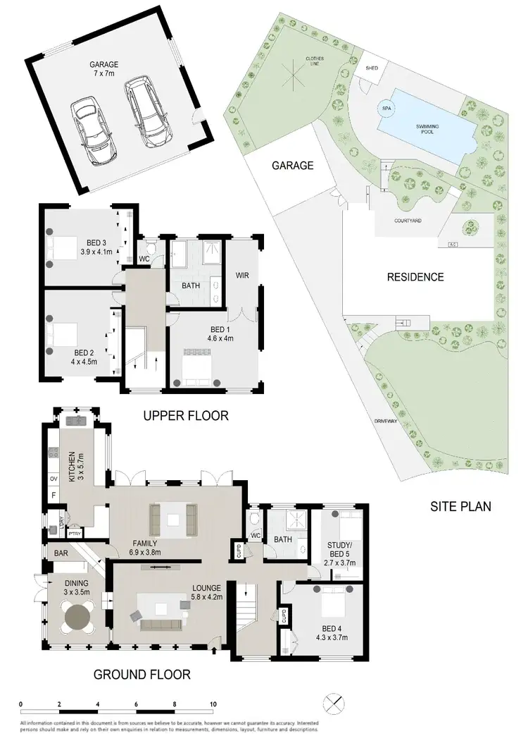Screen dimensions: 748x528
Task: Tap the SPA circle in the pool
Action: pos(386,109)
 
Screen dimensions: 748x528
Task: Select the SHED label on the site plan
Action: pos(372,68)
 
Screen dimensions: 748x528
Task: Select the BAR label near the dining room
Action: pos(61,554)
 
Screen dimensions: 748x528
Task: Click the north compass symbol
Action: pos(334,704)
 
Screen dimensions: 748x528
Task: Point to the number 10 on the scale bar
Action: pos(213,704)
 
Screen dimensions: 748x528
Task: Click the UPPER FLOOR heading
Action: pos(186,416)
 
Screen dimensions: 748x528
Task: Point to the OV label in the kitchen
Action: pos(52,478)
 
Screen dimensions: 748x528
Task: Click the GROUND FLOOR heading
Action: pos(142,675)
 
